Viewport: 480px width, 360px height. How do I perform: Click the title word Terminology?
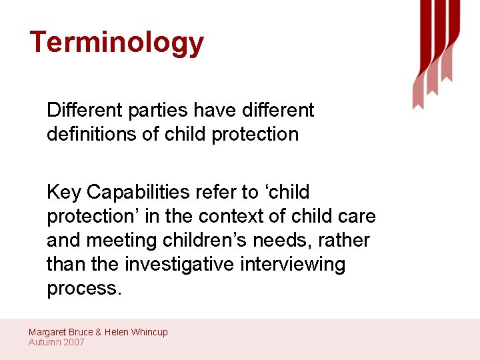117,43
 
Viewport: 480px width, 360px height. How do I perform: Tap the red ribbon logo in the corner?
436,50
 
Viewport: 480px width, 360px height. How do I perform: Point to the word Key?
64,193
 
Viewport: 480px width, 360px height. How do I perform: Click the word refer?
215,192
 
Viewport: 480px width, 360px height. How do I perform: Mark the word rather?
346,240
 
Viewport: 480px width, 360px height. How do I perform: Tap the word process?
84,289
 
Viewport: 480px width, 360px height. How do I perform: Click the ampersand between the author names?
98,332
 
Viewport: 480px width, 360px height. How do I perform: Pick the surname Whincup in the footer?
148,332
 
